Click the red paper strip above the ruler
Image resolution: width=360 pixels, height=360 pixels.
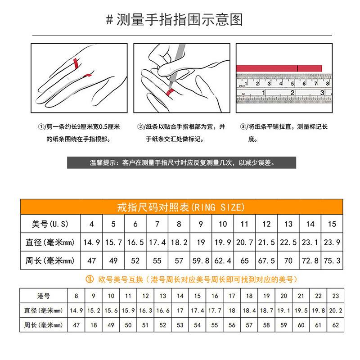tap(279, 68)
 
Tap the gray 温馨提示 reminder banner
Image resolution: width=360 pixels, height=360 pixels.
tap(182, 163)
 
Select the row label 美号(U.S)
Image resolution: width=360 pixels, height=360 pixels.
tap(50, 224)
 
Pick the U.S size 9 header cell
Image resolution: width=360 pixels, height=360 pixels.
tap(201, 224)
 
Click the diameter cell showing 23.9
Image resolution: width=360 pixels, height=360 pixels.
tap(332, 242)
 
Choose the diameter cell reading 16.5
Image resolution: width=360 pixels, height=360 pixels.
tap(135, 242)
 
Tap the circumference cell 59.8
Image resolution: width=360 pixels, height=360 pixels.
tap(201, 260)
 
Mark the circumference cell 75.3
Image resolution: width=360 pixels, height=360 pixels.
tap(332, 260)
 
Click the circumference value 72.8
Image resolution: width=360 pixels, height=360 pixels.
tap(310, 260)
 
